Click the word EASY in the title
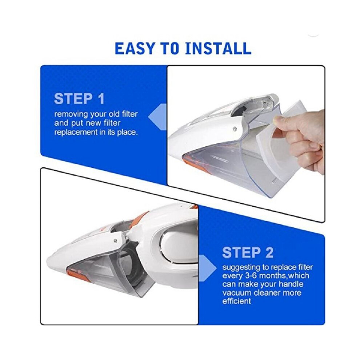(135, 48)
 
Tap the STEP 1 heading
(79, 99)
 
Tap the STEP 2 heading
(248, 252)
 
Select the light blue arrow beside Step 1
(157, 117)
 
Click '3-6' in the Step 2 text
(250, 276)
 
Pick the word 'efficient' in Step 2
(236, 301)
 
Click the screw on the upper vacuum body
(235, 129)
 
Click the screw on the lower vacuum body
(115, 241)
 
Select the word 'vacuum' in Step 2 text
(236, 293)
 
